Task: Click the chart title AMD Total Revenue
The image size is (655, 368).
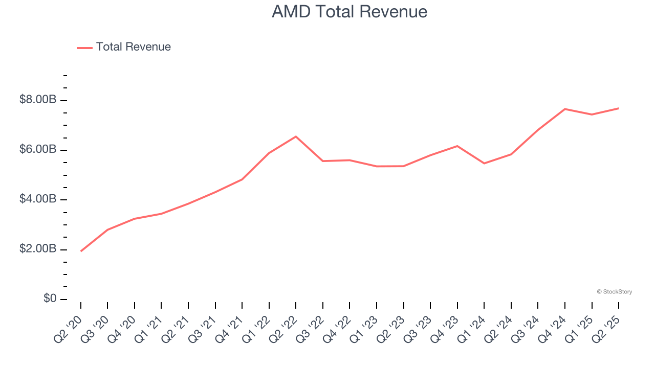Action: [x=350, y=12]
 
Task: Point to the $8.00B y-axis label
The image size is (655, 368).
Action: [x=38, y=100]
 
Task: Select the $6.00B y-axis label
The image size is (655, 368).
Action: [x=38, y=149]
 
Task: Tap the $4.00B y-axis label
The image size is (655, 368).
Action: [x=38, y=199]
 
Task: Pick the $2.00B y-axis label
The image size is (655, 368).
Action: [x=38, y=249]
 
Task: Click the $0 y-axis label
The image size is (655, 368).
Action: [x=50, y=298]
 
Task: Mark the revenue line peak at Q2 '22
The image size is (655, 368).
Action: [x=296, y=136]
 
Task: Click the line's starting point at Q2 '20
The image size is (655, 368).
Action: [x=81, y=251]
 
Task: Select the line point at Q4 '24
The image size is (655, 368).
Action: [x=565, y=109]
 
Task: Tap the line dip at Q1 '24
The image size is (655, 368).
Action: [x=484, y=164]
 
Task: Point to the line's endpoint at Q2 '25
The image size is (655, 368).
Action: [x=619, y=108]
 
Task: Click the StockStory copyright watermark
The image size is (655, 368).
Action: [x=614, y=292]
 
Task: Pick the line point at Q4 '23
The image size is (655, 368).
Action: [x=457, y=146]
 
